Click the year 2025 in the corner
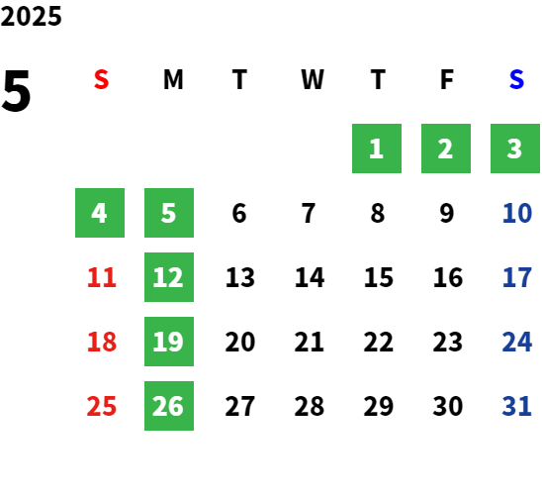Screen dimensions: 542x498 31,16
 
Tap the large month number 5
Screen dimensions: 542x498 16,91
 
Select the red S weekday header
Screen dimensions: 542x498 101,79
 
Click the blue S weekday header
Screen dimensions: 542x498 516,79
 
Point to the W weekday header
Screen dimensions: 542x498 313,79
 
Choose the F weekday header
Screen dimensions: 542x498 447,79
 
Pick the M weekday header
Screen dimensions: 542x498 173,79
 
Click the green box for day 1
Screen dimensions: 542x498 377,149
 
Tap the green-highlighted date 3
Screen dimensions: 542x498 515,149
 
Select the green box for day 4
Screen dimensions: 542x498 100,213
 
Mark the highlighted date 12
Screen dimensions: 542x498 169,277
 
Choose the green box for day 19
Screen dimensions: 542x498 169,342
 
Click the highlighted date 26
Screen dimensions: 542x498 169,406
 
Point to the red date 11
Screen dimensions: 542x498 102,277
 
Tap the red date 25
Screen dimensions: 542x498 102,406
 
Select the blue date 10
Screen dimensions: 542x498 517,213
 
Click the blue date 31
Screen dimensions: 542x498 516,406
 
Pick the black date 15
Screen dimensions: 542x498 379,277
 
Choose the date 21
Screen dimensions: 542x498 309,342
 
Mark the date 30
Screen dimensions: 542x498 448,406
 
